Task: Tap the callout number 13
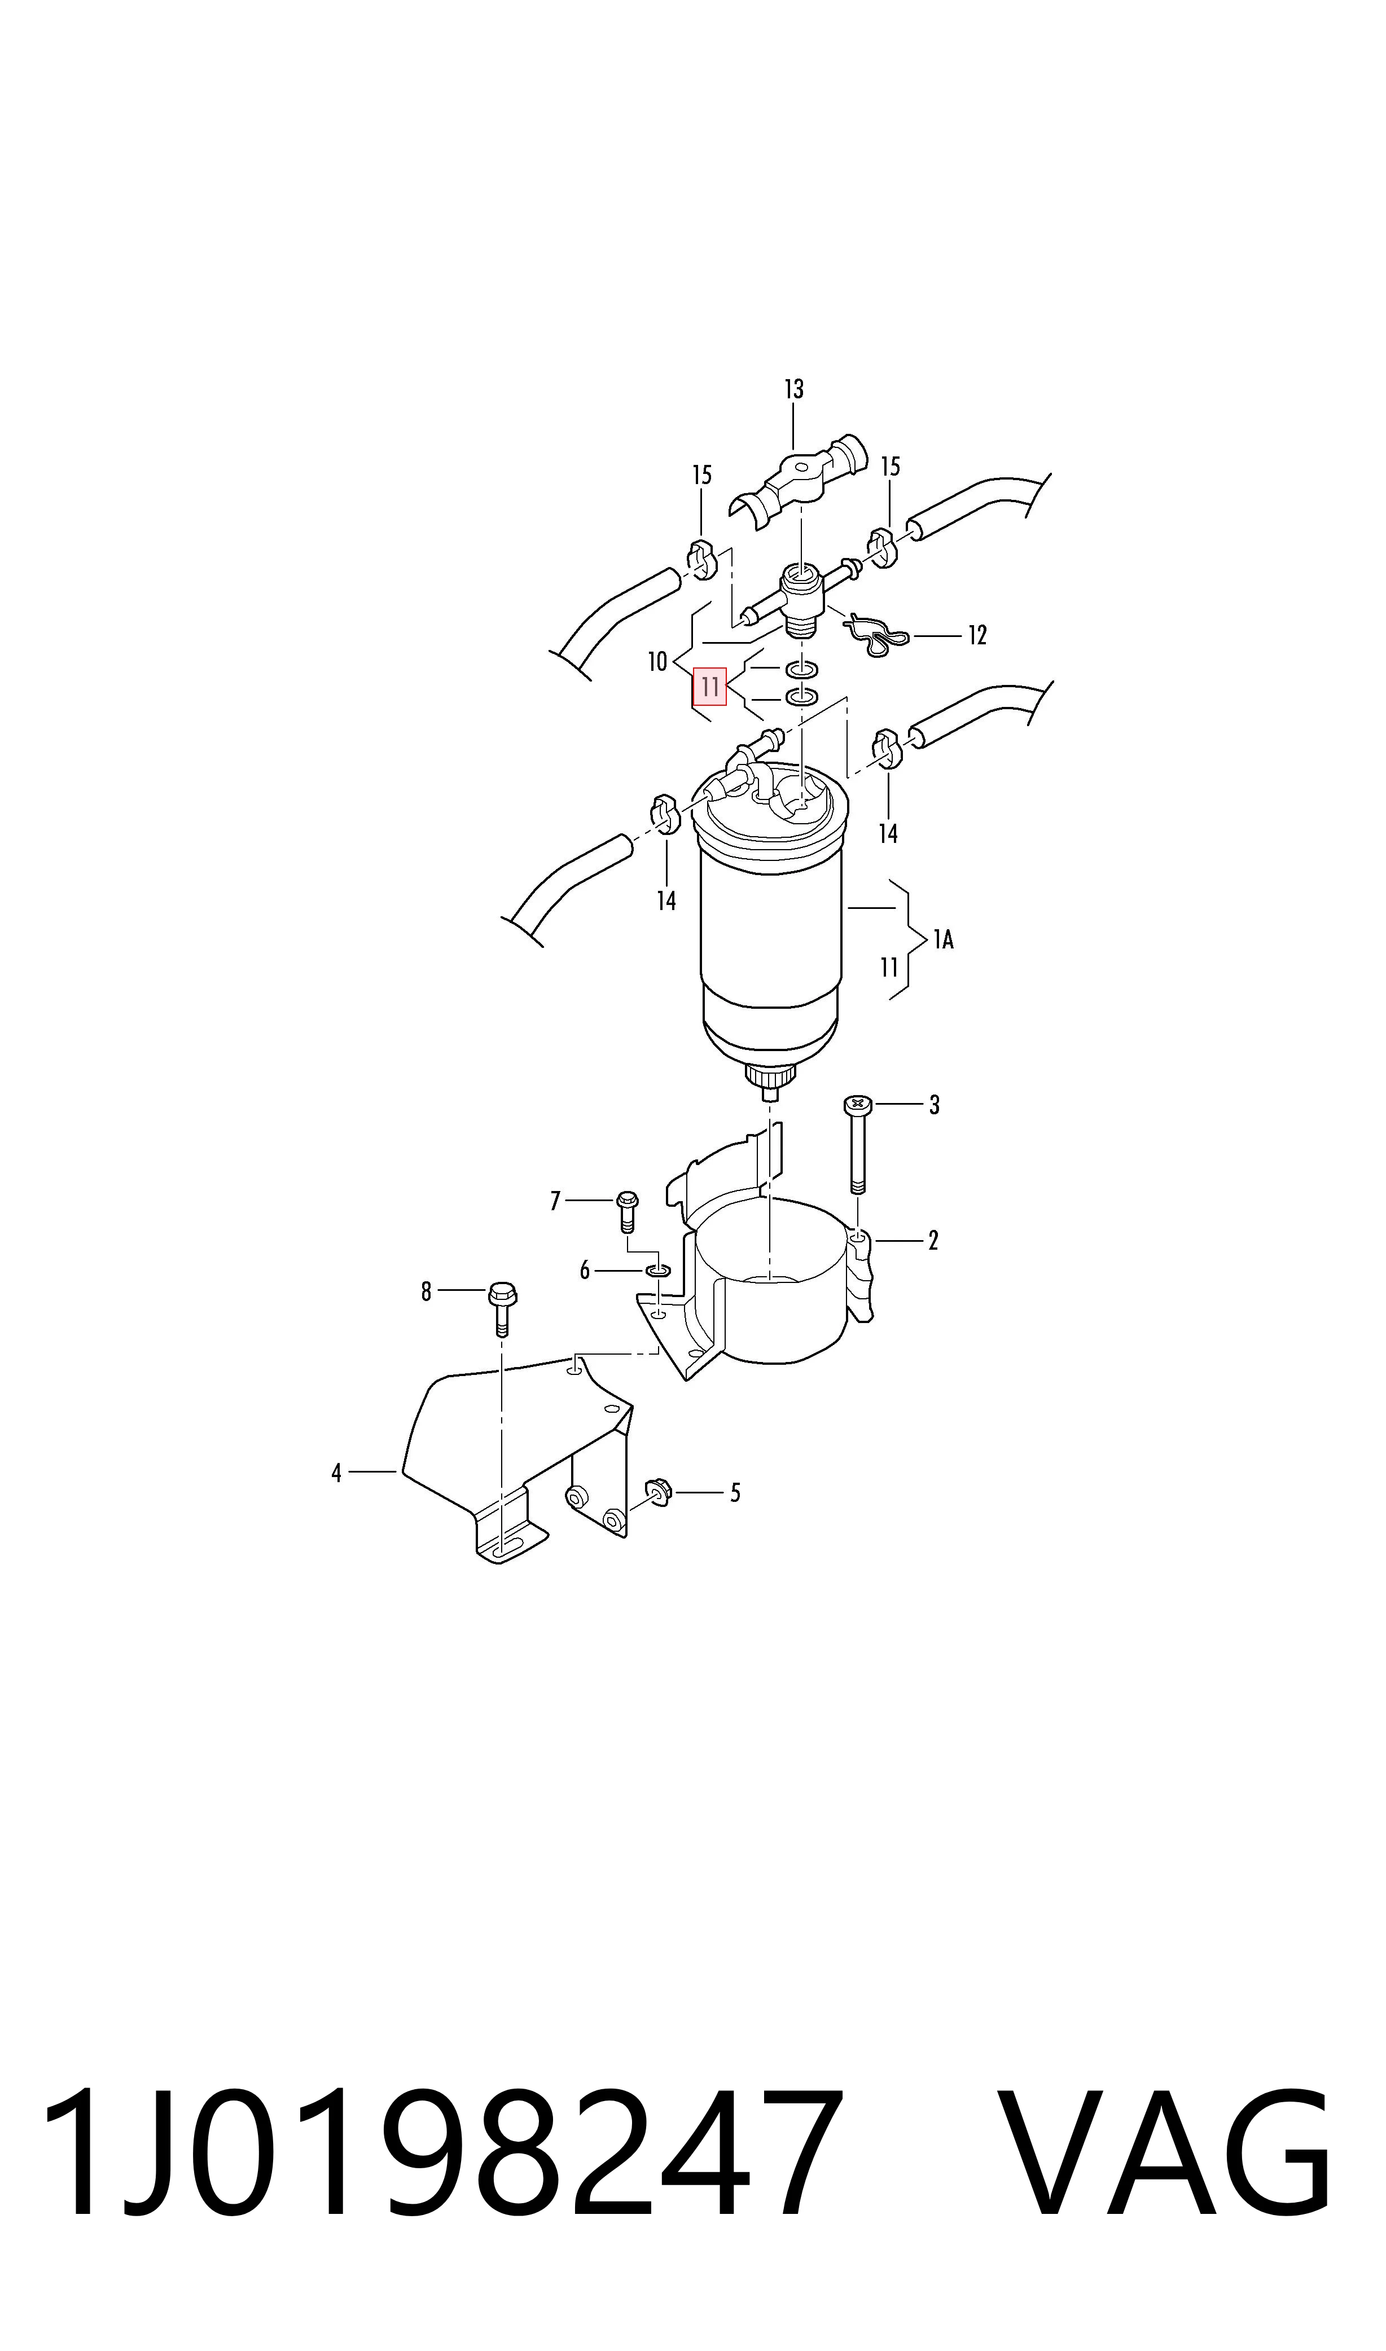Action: [794, 388]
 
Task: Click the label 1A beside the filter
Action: [944, 939]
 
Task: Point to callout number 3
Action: [934, 1105]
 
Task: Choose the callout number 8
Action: [426, 1291]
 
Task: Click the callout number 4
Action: [336, 1473]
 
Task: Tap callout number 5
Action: [735, 1493]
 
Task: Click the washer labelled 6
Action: [657, 1271]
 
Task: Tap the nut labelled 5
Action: [659, 1494]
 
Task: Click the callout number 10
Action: [657, 662]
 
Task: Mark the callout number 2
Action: [933, 1241]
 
